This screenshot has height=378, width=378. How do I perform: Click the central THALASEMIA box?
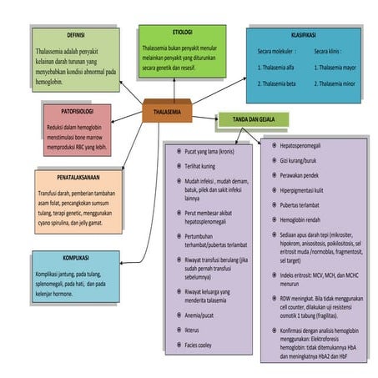point(166,110)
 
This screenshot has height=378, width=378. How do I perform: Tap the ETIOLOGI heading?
point(182,32)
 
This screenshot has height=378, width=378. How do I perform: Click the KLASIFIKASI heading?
point(309,38)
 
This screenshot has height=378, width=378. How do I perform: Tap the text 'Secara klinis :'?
point(333,51)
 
